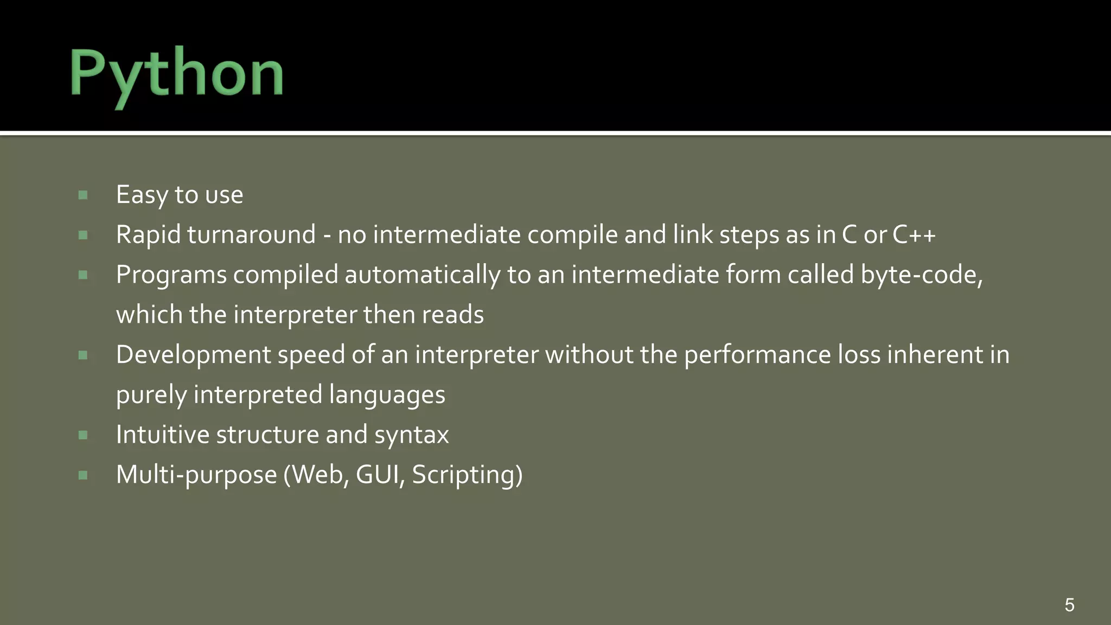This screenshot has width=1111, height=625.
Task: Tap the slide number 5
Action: click(1069, 604)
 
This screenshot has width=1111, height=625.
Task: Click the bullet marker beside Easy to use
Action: click(83, 195)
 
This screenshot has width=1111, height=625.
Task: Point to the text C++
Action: click(914, 235)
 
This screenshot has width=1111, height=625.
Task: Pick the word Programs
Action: click(171, 275)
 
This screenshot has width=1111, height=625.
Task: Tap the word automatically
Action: click(423, 275)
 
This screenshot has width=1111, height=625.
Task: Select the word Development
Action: click(193, 355)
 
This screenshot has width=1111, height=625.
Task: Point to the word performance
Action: click(757, 355)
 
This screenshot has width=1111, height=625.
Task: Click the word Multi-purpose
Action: click(196, 475)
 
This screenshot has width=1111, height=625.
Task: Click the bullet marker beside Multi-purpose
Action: click(83, 475)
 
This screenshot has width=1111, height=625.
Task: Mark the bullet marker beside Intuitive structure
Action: click(83, 435)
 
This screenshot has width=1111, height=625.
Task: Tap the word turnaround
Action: click(251, 235)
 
